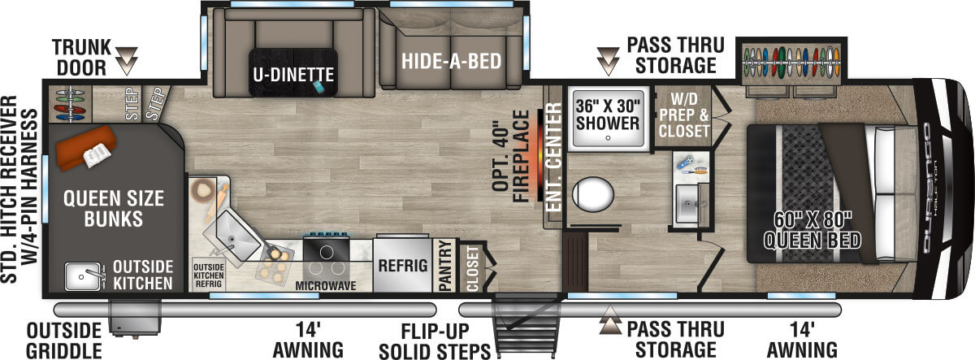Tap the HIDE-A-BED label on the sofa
(x=450, y=62)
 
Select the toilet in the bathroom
(x=592, y=196)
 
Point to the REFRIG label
(x=401, y=265)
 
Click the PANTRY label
(x=444, y=265)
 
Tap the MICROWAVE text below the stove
(x=325, y=286)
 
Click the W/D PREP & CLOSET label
(x=683, y=115)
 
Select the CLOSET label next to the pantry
(x=474, y=267)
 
